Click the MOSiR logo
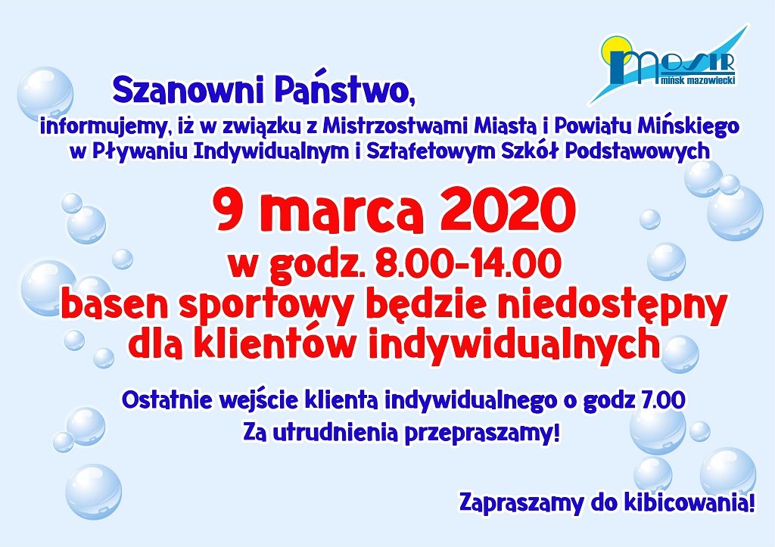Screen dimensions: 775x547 tap(668, 64)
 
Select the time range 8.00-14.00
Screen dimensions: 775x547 tap(468, 264)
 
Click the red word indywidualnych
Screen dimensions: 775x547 tap(514, 345)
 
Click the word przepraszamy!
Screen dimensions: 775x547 tap(482, 434)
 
